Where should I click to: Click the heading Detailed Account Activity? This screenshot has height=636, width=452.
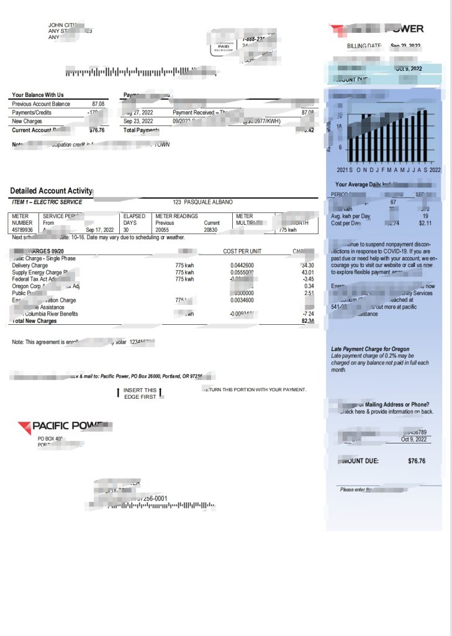(51, 191)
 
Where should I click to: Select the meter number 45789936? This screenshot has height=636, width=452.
(23, 230)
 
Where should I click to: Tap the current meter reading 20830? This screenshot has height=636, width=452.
(212, 230)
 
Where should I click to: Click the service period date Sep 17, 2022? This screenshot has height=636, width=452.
(100, 230)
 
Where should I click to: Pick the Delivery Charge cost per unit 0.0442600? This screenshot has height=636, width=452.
(242, 265)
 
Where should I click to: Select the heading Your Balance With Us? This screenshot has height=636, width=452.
(38, 95)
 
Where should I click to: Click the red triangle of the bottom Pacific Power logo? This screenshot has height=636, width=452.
(24, 427)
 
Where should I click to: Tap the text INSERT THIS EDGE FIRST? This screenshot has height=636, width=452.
(140, 393)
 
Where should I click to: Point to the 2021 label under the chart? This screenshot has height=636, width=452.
(343, 169)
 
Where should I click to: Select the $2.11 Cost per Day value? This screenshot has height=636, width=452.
(425, 223)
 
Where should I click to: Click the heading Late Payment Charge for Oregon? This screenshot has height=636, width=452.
(370, 349)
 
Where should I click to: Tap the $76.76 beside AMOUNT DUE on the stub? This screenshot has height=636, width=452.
(416, 461)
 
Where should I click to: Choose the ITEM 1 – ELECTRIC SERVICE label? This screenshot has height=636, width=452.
(47, 202)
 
